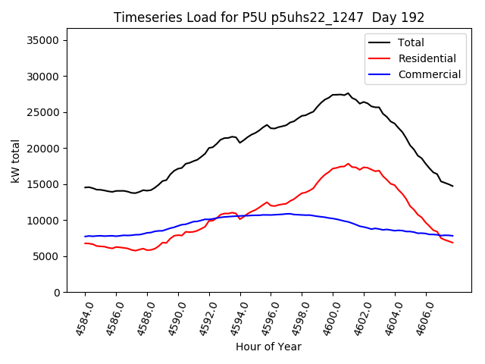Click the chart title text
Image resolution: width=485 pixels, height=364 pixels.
pos(269,17)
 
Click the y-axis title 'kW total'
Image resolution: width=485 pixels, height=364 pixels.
pos(15,162)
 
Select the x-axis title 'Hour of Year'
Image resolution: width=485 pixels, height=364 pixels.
pos(268,347)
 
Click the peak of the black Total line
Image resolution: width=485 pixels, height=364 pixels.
pos(348,93)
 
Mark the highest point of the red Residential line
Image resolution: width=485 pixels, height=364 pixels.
pos(348,163)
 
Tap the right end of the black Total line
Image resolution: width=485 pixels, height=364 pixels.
pos(452,186)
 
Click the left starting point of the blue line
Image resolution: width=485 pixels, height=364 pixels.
pos(85,237)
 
